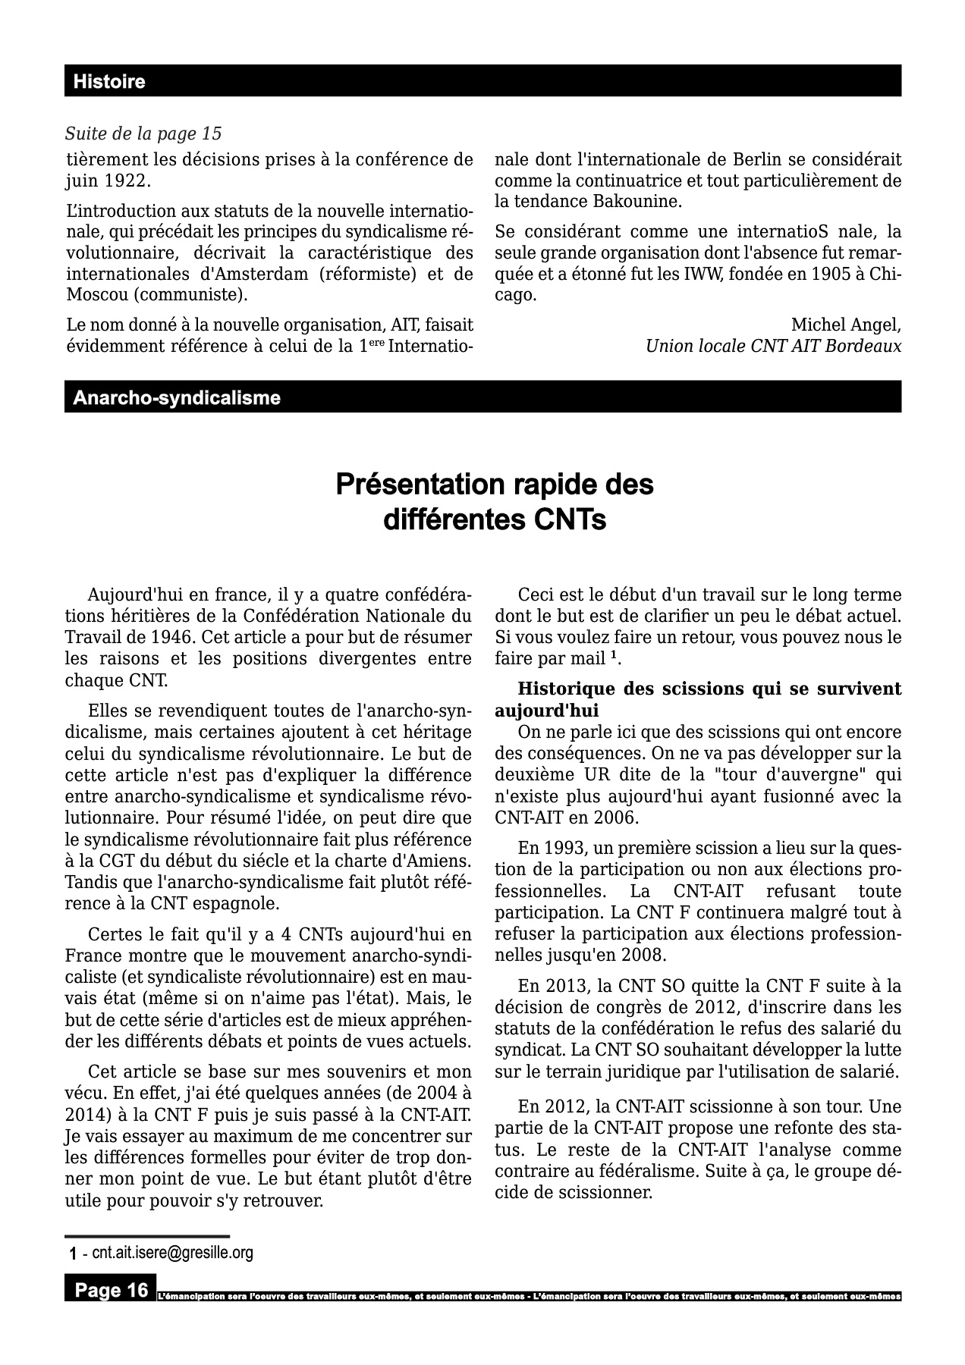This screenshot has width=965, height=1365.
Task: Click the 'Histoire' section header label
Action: pyautogui.click(x=108, y=82)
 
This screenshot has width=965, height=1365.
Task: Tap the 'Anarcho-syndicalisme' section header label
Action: pyautogui.click(x=176, y=397)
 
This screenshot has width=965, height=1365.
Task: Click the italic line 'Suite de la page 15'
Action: pyautogui.click(x=143, y=134)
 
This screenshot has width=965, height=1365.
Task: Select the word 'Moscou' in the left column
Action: pyautogui.click(x=93, y=294)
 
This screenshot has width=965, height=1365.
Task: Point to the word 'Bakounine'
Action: pyautogui.click(x=646, y=202)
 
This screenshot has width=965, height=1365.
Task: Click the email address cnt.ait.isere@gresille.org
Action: pyautogui.click(x=172, y=1253)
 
